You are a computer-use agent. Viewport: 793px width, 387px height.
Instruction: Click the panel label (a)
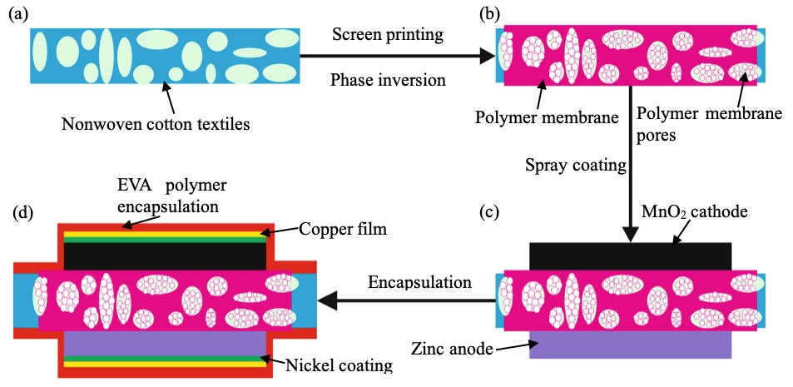point(18,14)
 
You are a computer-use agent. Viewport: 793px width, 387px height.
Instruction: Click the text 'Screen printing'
point(387,35)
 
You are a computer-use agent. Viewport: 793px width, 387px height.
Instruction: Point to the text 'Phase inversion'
point(388,81)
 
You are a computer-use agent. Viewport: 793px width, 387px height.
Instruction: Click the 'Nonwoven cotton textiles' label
point(156,125)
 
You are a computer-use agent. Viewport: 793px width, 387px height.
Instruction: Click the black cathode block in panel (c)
point(630,256)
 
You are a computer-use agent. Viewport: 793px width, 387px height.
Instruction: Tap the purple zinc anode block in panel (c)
point(630,342)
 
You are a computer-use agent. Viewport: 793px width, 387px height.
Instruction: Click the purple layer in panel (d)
point(164,341)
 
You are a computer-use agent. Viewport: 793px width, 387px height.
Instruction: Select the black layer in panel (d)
point(164,256)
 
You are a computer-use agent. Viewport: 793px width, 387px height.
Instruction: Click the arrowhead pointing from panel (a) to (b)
point(485,57)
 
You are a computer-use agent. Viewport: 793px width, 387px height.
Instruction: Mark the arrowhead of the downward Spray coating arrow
point(630,235)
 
